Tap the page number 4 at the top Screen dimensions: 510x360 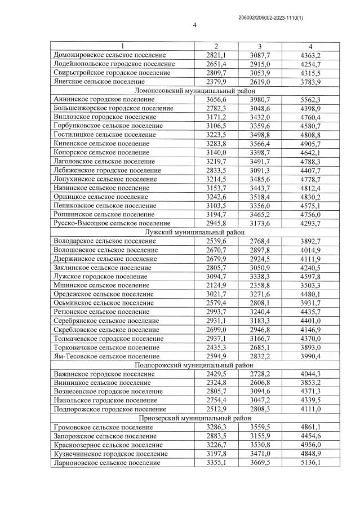194,25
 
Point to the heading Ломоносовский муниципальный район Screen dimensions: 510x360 189,90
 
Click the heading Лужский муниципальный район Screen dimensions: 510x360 189,232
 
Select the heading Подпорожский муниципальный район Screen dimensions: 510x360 189,365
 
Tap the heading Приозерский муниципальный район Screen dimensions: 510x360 189,418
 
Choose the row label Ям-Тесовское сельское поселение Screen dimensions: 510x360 106,356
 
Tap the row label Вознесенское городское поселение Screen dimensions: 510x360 108,391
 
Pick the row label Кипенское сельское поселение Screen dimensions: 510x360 102,143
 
